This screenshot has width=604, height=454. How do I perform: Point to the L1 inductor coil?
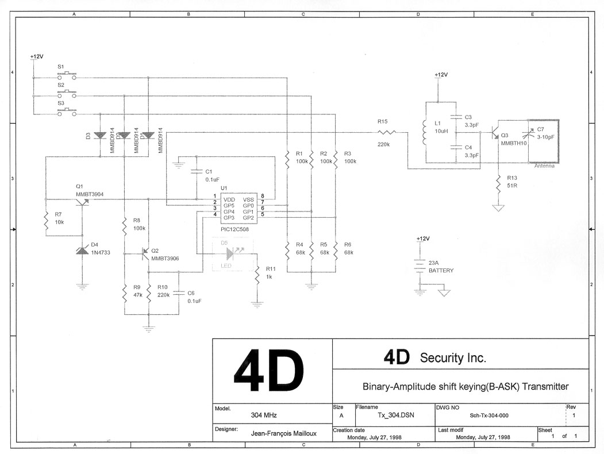pos(425,133)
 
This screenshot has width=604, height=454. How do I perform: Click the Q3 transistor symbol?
pos(494,133)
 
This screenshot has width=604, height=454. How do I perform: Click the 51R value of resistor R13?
pos(512,186)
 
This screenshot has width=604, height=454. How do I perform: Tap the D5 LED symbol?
pos(230,253)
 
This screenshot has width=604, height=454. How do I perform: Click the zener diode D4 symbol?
pos(82,251)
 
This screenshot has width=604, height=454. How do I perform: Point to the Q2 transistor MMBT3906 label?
pos(165,259)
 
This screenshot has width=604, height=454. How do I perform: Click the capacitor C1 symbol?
pos(195,171)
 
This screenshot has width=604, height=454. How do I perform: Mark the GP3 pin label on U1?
pos(229,218)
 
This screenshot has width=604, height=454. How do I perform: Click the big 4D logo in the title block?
pos(270,373)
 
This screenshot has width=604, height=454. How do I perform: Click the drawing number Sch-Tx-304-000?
pos(488,415)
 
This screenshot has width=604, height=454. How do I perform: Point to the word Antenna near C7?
pos(544,166)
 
